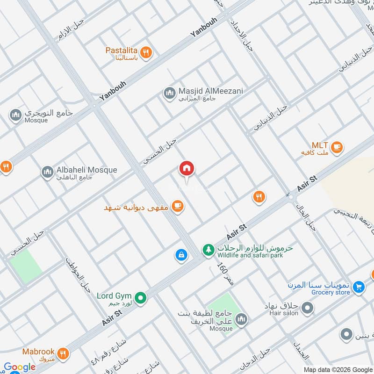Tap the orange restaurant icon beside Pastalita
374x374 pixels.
click(146, 53)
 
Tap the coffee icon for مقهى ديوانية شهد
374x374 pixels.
click(177, 206)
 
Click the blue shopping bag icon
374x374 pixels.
click(180, 255)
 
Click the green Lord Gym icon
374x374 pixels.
click(140, 297)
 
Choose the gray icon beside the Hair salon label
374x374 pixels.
click(307, 308)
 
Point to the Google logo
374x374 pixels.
click(20, 367)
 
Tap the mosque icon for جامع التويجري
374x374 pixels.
click(16, 115)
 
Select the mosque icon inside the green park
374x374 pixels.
click(241, 320)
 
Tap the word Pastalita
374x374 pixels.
click(121, 50)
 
